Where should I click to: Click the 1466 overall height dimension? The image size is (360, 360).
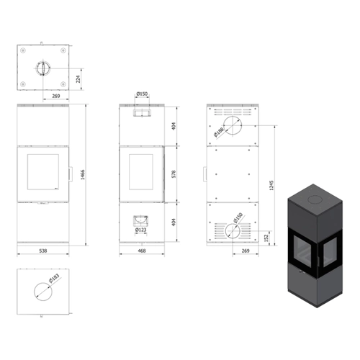tap(82, 175)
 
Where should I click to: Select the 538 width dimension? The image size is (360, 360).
tap(43, 251)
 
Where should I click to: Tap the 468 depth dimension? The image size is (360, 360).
tap(142, 251)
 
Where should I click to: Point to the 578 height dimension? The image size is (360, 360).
tap(174, 174)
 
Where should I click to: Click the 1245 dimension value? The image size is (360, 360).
tap(271, 185)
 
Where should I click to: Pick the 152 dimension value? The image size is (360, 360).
tap(266, 238)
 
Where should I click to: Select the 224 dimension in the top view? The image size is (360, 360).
tap(78, 79)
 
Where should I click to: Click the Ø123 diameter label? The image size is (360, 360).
tap(141, 230)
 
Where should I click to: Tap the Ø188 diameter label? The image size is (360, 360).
tap(218, 132)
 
